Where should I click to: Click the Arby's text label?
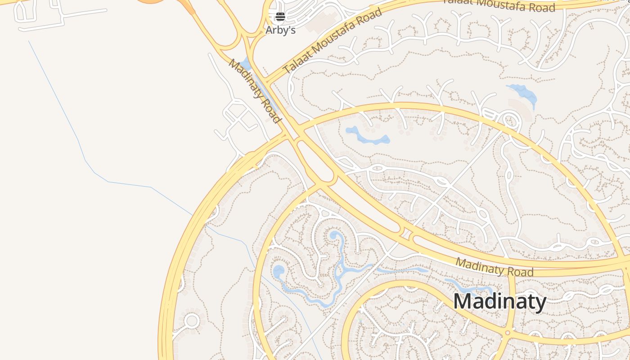point(280,30)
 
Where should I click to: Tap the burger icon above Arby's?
point(280,17)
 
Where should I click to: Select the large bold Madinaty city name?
point(499,301)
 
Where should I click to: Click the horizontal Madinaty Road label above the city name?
point(494,267)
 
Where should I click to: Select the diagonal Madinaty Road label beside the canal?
point(255,90)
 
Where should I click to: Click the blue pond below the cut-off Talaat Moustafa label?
point(523,94)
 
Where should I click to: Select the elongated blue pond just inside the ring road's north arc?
point(367,136)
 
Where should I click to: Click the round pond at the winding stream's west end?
point(279,271)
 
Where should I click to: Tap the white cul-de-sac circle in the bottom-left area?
point(192,321)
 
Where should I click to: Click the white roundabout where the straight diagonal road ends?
point(509,121)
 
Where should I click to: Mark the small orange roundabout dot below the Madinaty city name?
point(508,333)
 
